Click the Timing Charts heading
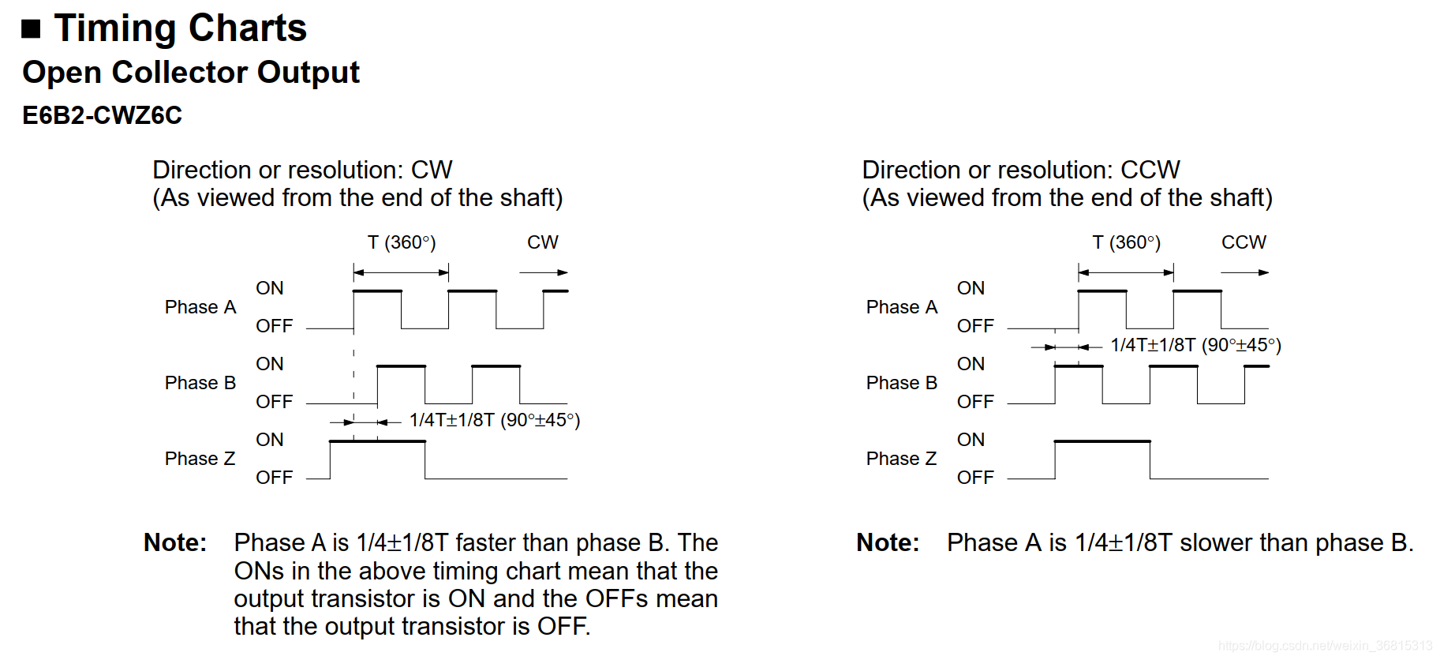click(180, 28)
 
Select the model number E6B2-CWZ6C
click(102, 115)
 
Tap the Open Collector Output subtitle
click(191, 72)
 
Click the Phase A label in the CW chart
click(200, 307)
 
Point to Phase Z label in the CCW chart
click(901, 459)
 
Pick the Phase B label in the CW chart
click(200, 383)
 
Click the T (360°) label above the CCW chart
click(1126, 242)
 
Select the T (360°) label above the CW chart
click(402, 242)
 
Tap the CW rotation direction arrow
click(544, 272)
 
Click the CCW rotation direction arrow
click(1244, 272)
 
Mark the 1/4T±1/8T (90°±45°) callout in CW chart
click(495, 420)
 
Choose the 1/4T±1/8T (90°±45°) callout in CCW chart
click(1195, 345)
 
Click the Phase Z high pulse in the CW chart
click(377, 442)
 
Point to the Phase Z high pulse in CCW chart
click(1102, 442)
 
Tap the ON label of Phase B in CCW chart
click(971, 364)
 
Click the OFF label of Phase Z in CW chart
click(274, 478)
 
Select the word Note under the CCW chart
click(888, 543)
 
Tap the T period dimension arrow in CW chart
click(401, 272)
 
